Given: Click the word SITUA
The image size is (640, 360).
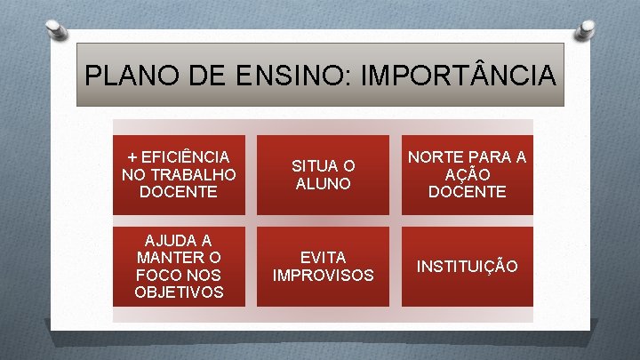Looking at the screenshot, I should [x=312, y=165].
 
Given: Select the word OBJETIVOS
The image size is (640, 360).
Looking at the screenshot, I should [x=179, y=292].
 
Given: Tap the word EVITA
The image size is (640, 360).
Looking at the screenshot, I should [x=323, y=258].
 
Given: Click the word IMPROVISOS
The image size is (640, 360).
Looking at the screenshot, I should [x=323, y=276].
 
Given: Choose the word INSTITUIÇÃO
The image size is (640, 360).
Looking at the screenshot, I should [x=468, y=267].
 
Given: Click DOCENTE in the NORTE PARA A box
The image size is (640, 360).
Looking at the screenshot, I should [x=468, y=191].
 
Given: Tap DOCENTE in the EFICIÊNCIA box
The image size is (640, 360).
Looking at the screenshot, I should [x=179, y=190].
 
